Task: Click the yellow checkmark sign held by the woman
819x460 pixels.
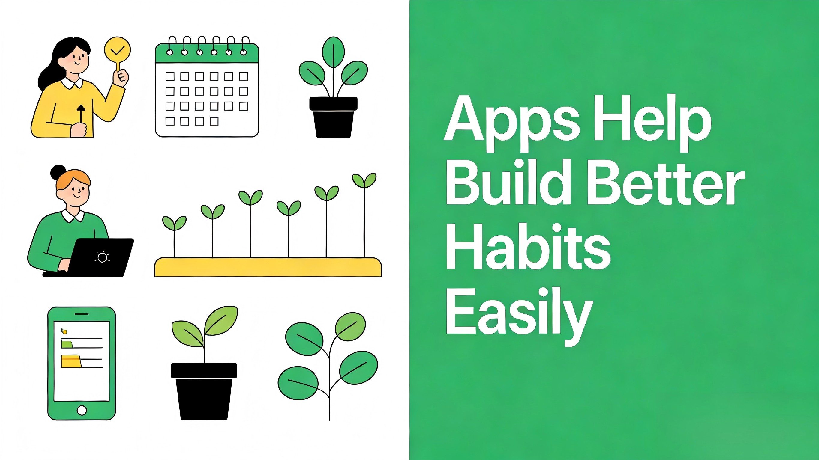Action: coord(117,50)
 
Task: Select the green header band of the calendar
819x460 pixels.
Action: coord(207,57)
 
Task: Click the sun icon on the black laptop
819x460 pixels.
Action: coord(102,257)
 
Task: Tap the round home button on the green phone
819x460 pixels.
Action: coord(82,410)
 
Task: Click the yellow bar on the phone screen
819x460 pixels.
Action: coord(71,362)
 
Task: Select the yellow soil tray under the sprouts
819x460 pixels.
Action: coord(268,267)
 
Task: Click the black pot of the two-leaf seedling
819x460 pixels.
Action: coord(204,391)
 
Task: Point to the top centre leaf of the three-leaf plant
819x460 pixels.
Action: coord(333,52)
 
